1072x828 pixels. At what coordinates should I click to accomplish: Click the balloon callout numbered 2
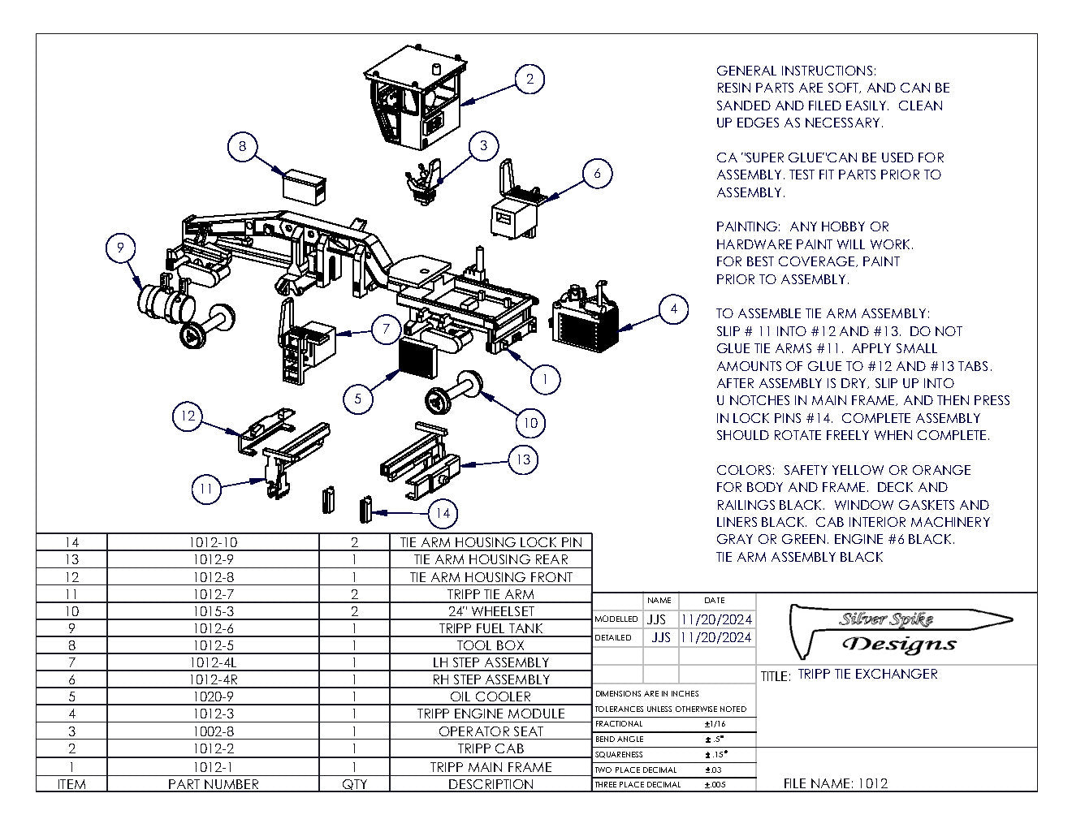coord(530,79)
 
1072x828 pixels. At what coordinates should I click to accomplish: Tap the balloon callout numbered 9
coord(121,248)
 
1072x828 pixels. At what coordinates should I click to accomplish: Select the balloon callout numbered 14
coord(443,513)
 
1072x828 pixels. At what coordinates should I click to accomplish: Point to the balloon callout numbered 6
coord(597,173)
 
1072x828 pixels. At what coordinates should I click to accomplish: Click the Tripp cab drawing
coord(414,101)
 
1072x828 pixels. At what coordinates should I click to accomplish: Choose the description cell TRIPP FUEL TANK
coord(491,628)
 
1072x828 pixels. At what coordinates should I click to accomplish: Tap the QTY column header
coord(354,784)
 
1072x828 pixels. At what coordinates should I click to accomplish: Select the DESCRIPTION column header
coord(491,784)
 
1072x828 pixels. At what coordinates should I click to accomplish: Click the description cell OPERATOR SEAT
coord(491,731)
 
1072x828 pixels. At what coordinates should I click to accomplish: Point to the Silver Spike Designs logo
coord(897,632)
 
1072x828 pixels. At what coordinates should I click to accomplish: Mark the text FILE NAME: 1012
coord(835,783)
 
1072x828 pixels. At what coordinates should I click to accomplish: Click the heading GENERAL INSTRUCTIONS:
coord(796,71)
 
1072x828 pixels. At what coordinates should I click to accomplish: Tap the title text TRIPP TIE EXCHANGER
coord(867,674)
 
